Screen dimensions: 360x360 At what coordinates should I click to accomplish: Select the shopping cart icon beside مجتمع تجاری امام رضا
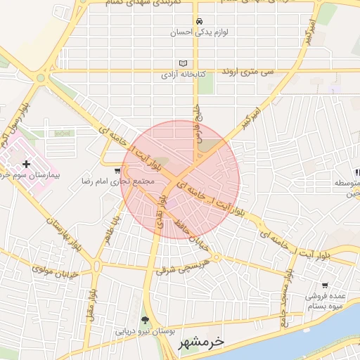(x=117, y=171)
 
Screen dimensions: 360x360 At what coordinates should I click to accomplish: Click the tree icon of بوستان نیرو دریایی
(x=146, y=320)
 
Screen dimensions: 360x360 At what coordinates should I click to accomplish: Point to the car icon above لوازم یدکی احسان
(x=200, y=21)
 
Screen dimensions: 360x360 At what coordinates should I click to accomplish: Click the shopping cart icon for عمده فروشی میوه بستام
(x=324, y=285)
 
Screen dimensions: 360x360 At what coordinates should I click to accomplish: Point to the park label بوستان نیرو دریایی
(x=146, y=330)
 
